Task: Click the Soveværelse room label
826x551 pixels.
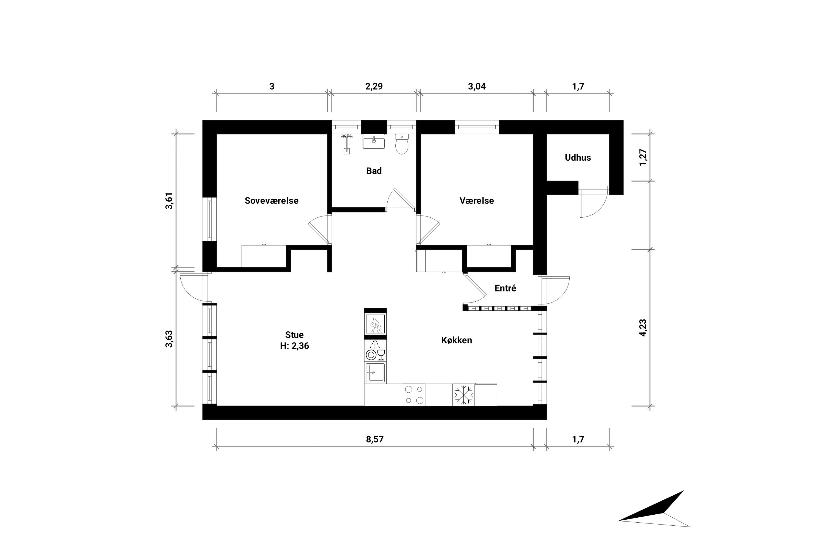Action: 271,201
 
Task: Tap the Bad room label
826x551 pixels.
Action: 374,171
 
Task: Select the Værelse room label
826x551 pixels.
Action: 477,201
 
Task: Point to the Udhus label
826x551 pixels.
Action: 578,157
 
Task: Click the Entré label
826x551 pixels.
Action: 505,288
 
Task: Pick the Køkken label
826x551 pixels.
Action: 457,340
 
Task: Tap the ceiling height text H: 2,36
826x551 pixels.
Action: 294,346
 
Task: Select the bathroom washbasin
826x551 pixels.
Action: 374,142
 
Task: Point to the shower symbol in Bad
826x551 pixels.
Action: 347,143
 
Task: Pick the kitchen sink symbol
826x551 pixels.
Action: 375,372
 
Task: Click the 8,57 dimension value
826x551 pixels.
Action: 375,439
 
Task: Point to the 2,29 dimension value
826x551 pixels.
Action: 374,87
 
